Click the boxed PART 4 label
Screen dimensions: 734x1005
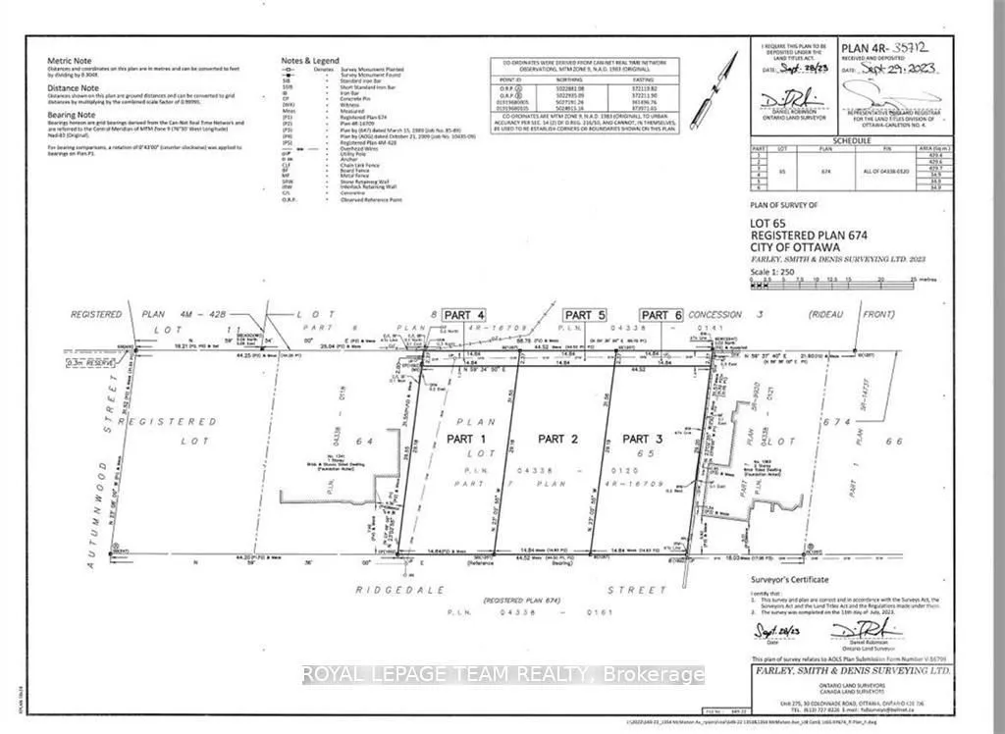(464, 314)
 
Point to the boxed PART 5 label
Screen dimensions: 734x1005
(585, 314)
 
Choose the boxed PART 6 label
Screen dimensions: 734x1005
(661, 314)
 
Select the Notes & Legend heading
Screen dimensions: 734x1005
(311, 61)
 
